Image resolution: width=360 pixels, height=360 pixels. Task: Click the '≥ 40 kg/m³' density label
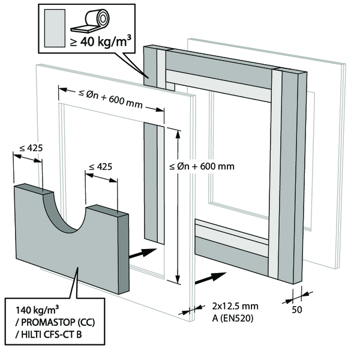pos(99,43)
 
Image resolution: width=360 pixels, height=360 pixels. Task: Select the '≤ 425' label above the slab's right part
pos(100,167)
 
